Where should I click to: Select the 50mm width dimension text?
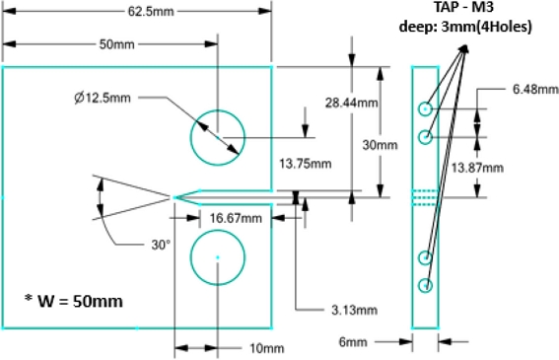[x=117, y=45]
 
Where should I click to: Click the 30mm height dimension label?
[x=380, y=144]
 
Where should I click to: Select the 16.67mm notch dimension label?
[x=237, y=218]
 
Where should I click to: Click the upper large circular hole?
[x=217, y=136]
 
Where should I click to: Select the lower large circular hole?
[x=217, y=257]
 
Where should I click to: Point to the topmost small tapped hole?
[x=425, y=108]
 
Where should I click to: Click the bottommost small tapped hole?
[x=426, y=286]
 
